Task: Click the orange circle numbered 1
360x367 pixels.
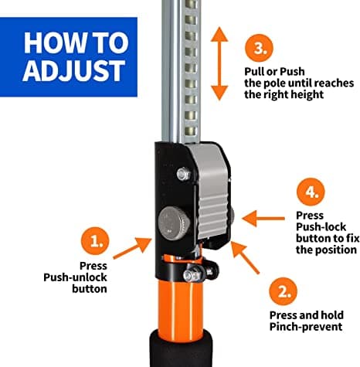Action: point(97,241)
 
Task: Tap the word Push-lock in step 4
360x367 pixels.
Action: point(320,226)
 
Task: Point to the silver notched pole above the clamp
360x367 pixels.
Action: point(182,70)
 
